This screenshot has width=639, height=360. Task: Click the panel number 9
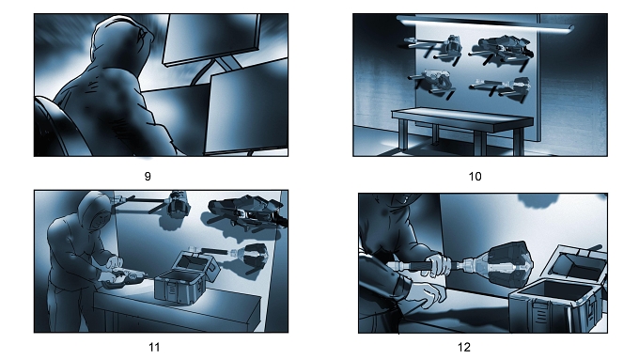(148, 177)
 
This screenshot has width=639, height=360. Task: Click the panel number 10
(475, 177)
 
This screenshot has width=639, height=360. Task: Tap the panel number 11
(154, 348)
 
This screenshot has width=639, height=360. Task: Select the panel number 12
(464, 348)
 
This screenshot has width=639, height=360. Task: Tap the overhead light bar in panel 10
(485, 23)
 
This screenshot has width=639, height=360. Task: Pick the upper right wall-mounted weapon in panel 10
(502, 50)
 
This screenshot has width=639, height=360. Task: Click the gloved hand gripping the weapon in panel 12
(439, 265)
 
